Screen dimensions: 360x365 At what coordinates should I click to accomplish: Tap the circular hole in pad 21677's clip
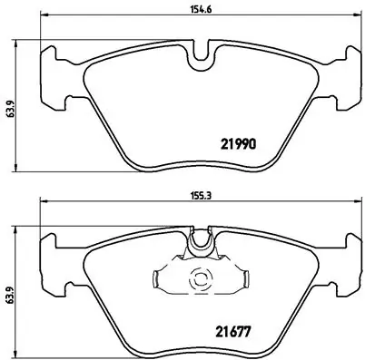coord(197,280)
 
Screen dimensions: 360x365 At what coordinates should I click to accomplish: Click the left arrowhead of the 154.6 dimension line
coord(42,22)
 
